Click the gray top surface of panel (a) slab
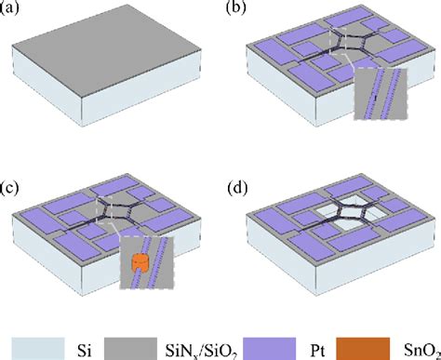pyautogui.click(x=102, y=56)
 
